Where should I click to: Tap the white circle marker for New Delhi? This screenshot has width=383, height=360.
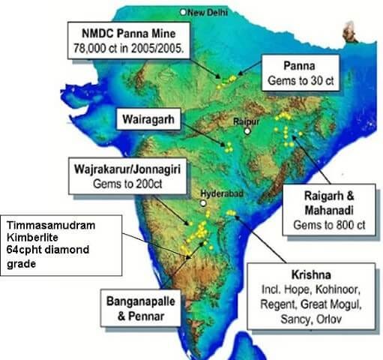click(184, 12)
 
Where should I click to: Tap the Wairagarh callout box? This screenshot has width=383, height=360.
click(145, 118)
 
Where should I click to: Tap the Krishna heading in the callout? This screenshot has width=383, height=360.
click(323, 274)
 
